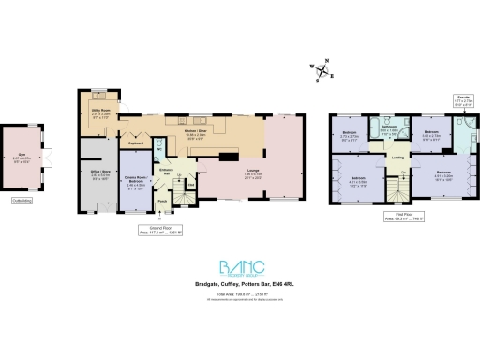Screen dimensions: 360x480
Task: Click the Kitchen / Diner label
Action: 195,133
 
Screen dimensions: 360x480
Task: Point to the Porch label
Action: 161,200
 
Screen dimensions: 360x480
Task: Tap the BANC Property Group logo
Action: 240,268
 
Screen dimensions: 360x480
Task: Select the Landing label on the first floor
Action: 397,157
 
